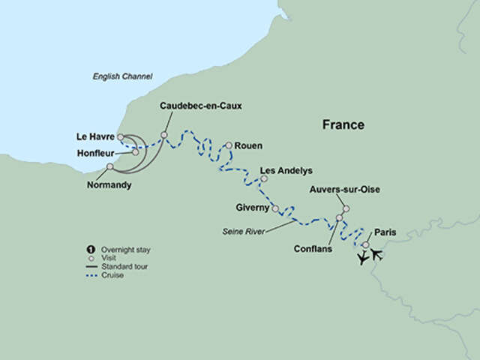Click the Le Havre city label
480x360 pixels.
pos(94,136)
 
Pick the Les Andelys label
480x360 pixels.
pos(286,171)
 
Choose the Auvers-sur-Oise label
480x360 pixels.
pos(345,190)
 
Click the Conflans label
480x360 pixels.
pos(313,249)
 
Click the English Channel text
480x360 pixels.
pos(122,76)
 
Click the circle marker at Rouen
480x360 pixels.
pos(228,145)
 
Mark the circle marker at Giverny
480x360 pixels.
pos(275,208)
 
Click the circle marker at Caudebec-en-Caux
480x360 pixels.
pos(164,135)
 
